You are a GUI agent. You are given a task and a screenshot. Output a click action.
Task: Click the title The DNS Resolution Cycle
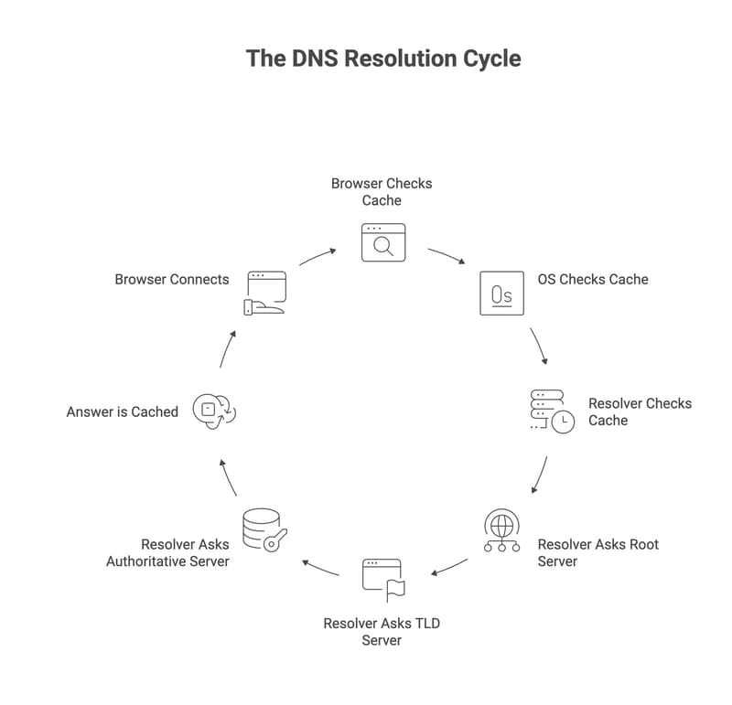pos(382,59)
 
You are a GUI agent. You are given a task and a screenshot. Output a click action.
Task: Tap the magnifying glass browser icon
pos(382,241)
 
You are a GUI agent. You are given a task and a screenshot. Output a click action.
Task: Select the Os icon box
pos(501,294)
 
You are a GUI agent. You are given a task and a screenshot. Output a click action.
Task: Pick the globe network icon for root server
pos(501,530)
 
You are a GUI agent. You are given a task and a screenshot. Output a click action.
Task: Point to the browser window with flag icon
pos(383,580)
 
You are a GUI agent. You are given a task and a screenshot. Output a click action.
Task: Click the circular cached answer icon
pos(213,411)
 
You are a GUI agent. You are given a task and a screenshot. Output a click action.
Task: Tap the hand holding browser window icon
pos(264,293)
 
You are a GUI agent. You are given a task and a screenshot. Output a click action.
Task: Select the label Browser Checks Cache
pos(382,191)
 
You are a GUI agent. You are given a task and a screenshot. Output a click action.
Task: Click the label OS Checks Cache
pos(591,279)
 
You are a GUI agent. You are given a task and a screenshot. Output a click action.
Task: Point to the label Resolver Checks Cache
pos(639,411)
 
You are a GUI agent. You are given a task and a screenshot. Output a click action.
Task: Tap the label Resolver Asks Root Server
pos(597,552)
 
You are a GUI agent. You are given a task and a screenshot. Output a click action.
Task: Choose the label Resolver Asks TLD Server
pos(382,631)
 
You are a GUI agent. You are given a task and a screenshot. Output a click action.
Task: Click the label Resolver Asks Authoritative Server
pos(167,552)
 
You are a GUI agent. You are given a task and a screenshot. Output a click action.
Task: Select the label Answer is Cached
pos(122,411)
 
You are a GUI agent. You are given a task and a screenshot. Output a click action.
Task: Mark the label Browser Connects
pos(171,279)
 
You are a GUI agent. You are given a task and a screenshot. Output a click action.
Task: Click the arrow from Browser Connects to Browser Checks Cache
pos(317,256)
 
